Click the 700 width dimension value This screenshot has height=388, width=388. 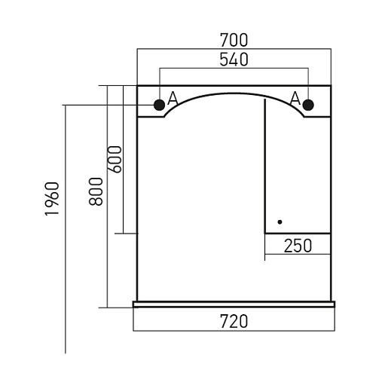234,40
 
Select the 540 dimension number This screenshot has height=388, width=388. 234,60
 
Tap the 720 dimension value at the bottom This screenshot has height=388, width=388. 234,322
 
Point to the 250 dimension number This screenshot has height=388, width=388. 298,246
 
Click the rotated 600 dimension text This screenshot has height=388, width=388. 115,159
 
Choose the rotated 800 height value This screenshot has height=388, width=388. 96,191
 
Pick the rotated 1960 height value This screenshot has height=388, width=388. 52,198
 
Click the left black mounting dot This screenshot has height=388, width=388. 159,105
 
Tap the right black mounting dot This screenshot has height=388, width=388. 308,105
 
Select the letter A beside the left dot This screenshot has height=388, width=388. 173,98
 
